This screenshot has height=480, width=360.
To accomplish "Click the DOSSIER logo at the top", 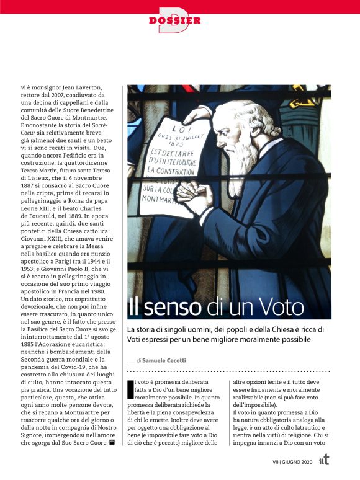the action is pos(175,20).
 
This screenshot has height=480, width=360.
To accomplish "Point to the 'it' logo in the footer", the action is pos(324,461).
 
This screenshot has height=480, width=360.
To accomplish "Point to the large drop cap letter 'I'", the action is pos(130,388).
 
